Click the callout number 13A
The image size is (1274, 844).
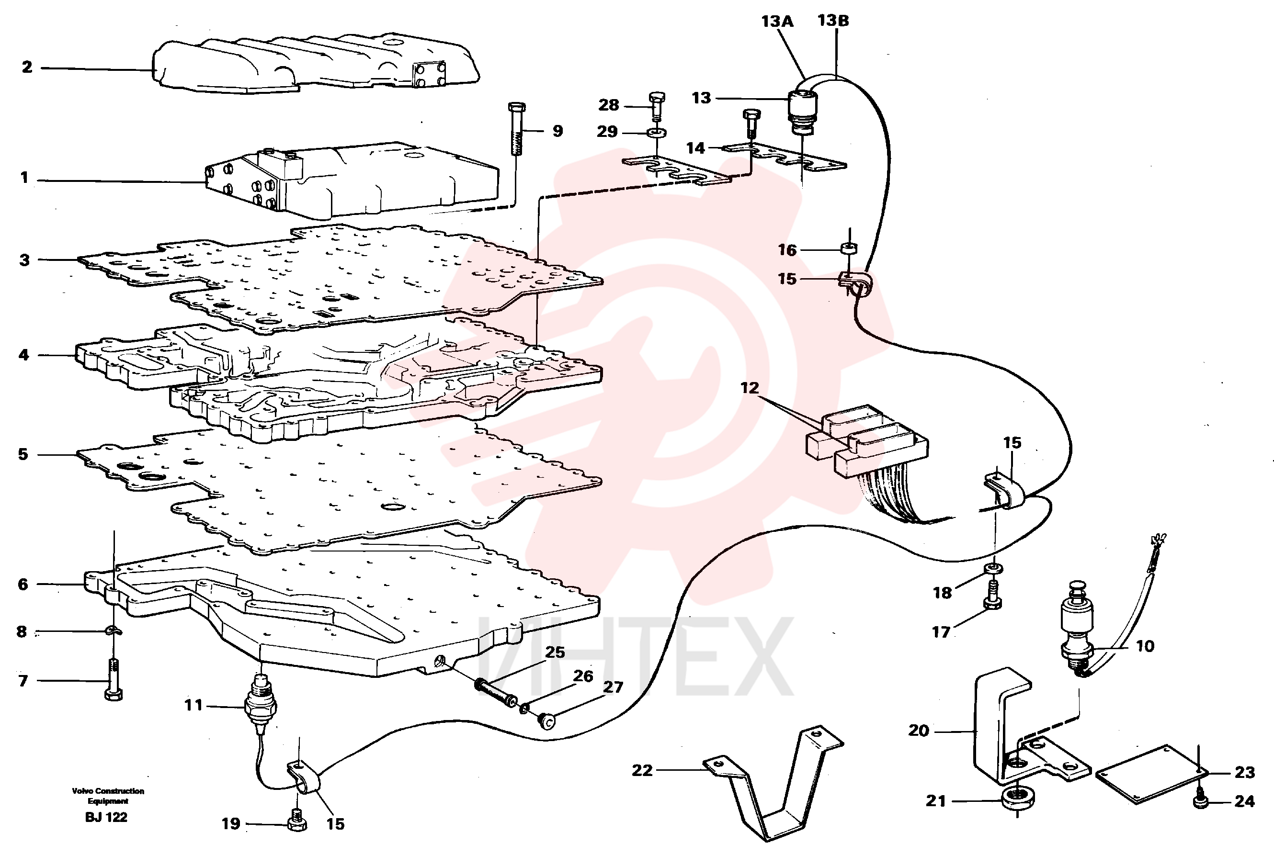[x=777, y=22]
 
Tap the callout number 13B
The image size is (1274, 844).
[x=833, y=21]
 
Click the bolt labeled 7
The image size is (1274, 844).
[x=113, y=679]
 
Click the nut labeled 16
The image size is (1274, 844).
[x=849, y=248]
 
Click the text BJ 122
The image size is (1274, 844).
[x=106, y=817]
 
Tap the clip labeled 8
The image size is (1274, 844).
[x=114, y=630]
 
